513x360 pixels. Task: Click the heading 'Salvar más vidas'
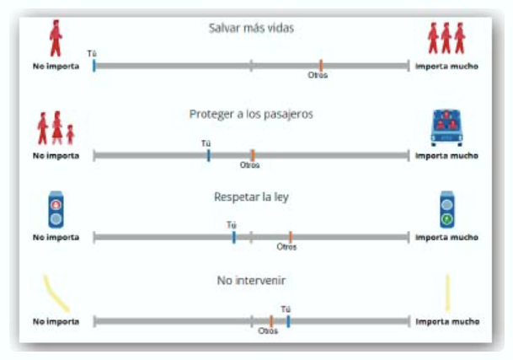click(251, 28)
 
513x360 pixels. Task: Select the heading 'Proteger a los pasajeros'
click(251, 114)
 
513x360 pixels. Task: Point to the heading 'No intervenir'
click(251, 280)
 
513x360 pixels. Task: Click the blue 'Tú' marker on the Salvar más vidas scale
click(94, 65)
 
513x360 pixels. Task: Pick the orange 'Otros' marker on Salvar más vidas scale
click(320, 65)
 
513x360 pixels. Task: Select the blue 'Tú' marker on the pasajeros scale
click(208, 155)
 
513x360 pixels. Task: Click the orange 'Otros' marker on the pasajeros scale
click(252, 155)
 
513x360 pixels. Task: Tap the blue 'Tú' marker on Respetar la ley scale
click(233, 237)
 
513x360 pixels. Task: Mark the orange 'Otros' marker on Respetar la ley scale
click(290, 237)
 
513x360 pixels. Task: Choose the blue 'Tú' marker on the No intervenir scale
click(287, 320)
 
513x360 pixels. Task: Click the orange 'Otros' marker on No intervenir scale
click(270, 320)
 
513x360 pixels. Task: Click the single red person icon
click(56, 36)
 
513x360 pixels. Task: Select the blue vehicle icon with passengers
click(446, 126)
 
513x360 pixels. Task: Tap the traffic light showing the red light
click(56, 210)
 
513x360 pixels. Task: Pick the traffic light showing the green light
click(446, 210)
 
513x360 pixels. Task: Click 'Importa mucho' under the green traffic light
click(446, 238)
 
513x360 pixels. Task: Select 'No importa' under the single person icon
click(56, 65)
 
